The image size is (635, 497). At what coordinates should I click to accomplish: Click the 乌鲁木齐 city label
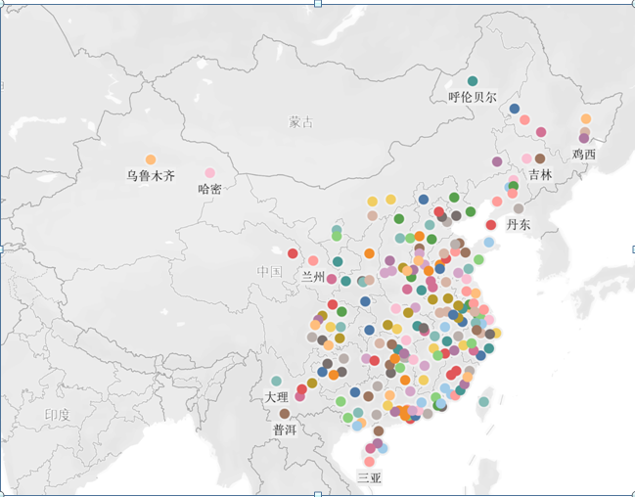pos(150,177)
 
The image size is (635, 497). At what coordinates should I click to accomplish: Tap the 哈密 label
pos(209,189)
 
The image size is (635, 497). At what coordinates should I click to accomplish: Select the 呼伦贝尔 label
pos(473,98)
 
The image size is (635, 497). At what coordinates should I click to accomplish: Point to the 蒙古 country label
pos(301,123)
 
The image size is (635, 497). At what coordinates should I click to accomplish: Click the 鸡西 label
pos(584,155)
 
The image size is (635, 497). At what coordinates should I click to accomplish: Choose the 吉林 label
pos(540,174)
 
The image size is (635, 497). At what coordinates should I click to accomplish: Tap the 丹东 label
pos(519,224)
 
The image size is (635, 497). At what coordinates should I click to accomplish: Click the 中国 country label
pos(269,271)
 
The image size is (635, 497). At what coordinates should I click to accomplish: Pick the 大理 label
pos(277,397)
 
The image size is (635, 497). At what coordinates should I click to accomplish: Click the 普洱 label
pos(285,429)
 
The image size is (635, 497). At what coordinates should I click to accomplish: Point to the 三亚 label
pos(369,478)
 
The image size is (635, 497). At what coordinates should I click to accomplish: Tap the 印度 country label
pos(58,415)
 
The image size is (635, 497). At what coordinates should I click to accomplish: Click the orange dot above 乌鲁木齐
pos(151,159)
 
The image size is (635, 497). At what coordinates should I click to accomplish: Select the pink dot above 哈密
pos(209,172)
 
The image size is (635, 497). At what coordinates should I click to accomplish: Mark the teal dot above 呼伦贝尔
pos(473,81)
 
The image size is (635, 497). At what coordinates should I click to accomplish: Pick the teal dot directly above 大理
pos(277,381)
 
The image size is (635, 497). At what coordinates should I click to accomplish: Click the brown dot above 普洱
pos(285,414)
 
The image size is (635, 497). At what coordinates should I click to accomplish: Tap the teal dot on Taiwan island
pos(483,402)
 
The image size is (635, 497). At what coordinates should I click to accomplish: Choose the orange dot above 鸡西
pos(586,119)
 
